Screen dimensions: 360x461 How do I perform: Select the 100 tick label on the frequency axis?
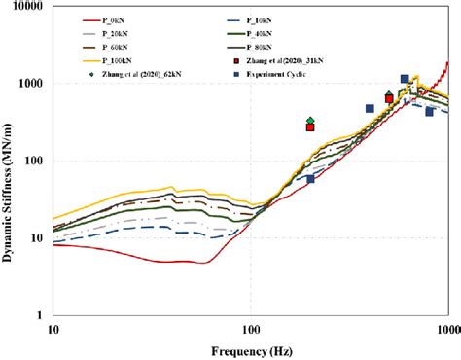tap(251, 328)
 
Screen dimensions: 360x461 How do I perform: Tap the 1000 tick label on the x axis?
tap(446, 328)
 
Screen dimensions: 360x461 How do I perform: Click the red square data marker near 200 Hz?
tap(310, 127)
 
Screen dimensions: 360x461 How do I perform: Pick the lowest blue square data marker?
tap(310, 179)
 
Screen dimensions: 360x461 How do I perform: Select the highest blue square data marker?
tap(405, 79)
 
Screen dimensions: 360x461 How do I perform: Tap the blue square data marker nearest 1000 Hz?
tap(429, 112)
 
